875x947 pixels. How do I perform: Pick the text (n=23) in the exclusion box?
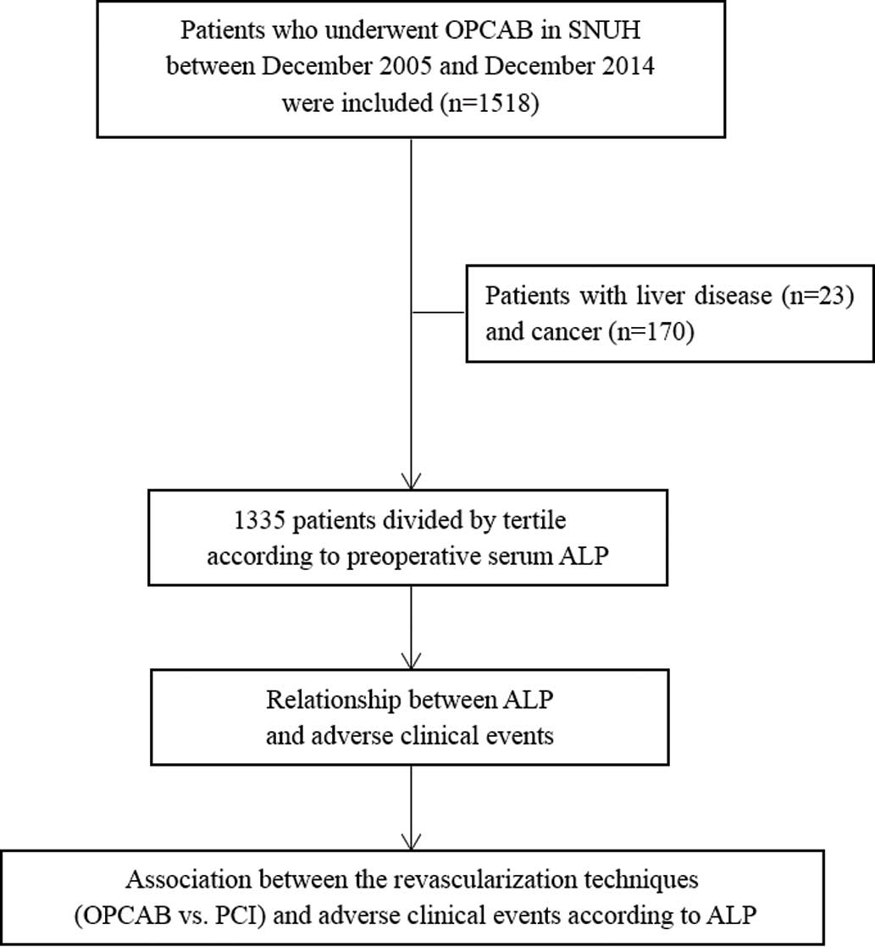(x=817, y=296)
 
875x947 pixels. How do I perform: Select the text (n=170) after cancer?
(x=651, y=331)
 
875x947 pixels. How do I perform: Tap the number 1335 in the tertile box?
(x=259, y=520)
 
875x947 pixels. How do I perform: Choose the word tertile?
(x=534, y=520)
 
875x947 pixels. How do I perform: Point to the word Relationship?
(x=334, y=700)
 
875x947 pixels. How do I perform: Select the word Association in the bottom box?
(x=188, y=879)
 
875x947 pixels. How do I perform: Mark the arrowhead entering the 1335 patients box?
(x=411, y=481)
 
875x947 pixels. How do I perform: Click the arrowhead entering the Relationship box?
(x=411, y=661)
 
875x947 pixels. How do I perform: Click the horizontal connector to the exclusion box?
(x=439, y=313)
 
